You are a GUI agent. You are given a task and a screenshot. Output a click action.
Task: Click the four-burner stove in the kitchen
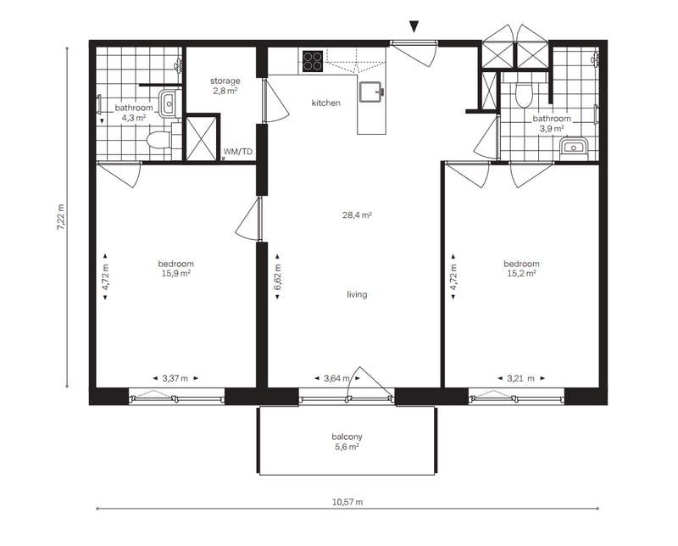pos(313,61)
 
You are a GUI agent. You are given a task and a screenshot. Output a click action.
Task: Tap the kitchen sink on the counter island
pos(371,92)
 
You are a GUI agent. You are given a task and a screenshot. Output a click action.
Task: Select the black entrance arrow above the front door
pos(414,27)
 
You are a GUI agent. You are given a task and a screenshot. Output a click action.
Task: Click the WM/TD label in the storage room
pos(237,152)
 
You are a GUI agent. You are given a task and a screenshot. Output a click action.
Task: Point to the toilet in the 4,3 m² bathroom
pos(158,140)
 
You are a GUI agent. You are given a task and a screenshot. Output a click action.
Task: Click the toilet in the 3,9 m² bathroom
pos(524,94)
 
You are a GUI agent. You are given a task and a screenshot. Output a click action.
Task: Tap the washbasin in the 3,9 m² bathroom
pos(574,148)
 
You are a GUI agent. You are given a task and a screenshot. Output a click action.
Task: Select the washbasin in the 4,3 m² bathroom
pos(168,103)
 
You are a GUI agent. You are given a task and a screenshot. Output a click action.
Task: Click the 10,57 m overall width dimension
pos(347,502)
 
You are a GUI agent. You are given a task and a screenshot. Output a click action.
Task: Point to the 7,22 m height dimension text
pos(60,218)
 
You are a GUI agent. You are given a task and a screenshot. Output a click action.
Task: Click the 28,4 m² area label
pos(357,215)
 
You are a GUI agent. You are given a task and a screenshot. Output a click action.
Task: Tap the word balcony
pos(347,437)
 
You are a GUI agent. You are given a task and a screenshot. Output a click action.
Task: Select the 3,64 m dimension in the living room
pos(336,379)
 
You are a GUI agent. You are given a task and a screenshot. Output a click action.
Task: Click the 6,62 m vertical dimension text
pos(277,276)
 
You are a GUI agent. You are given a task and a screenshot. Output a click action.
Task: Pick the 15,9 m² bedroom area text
pos(176,274)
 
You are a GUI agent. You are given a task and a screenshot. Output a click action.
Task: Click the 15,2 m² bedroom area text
pos(521,274)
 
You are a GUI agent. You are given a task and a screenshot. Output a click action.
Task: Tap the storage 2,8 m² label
pos(225,86)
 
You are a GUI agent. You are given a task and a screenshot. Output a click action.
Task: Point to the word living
pos(357,295)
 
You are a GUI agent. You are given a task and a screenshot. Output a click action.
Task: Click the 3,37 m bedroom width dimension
pos(175,379)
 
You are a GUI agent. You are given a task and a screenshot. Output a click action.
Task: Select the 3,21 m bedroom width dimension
pos(520,379)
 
